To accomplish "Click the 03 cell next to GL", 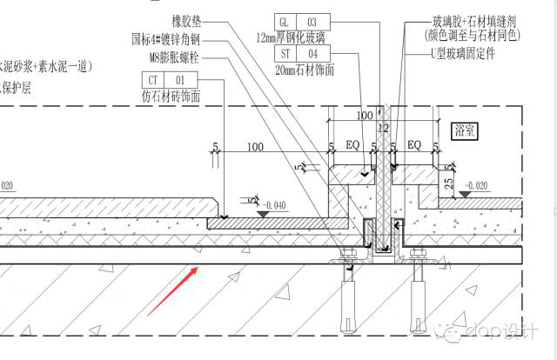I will [312, 21].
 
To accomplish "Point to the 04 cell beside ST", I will [312, 54].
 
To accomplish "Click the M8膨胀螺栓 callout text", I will [174, 57].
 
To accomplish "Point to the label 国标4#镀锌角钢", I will [164, 39].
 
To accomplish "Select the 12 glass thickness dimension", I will [380, 128].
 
